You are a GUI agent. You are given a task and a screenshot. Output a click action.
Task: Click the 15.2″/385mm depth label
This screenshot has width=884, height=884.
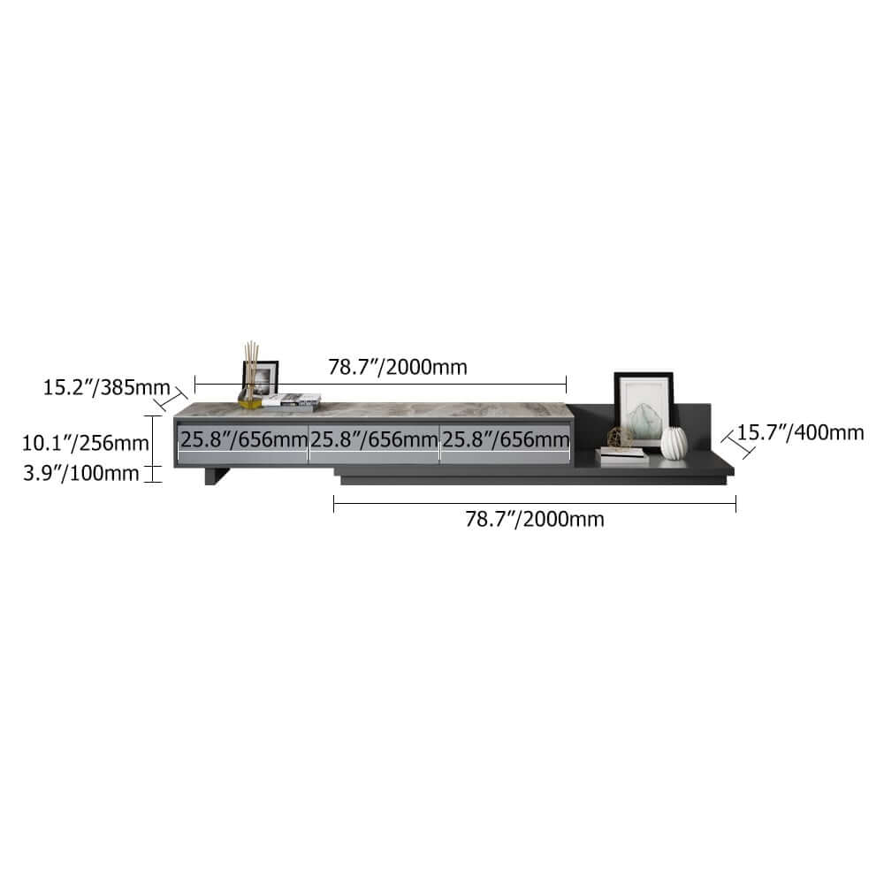click(x=107, y=387)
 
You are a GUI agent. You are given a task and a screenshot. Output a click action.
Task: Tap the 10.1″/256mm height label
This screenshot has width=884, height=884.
click(x=85, y=443)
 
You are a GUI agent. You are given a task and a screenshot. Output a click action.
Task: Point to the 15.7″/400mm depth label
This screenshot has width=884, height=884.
click(x=801, y=432)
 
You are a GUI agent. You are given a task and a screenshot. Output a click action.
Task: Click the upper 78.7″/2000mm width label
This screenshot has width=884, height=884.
click(x=398, y=367)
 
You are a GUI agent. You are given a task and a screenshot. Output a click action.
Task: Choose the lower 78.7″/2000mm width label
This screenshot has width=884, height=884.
click(x=535, y=519)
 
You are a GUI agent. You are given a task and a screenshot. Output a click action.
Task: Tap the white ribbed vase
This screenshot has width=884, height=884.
click(x=674, y=443)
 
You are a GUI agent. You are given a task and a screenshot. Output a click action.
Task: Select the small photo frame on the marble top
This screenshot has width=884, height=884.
click(x=261, y=377)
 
